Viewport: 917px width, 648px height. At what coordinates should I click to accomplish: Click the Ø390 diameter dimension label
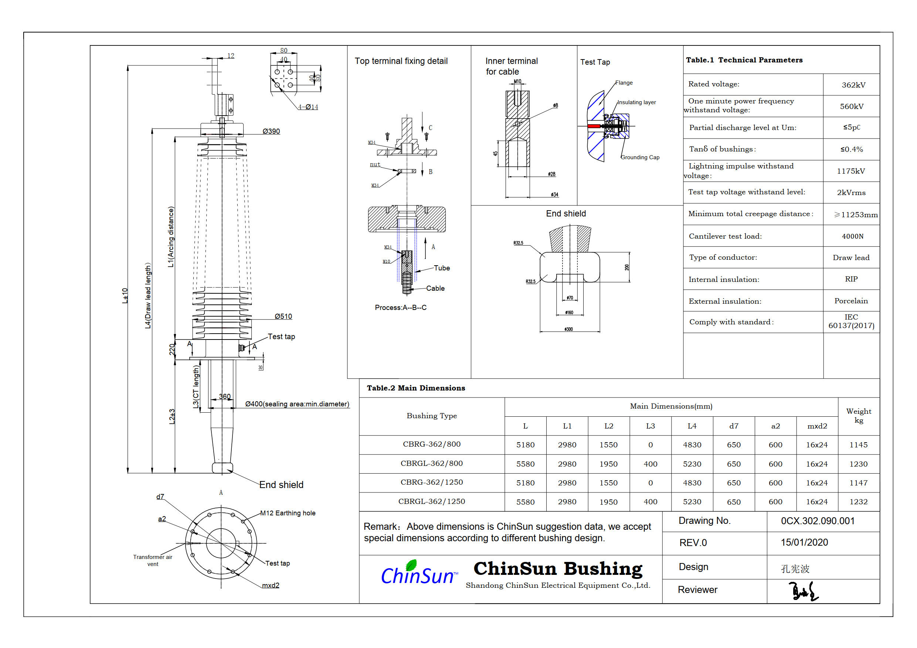click(x=271, y=132)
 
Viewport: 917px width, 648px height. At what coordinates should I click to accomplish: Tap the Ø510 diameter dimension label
click(x=283, y=317)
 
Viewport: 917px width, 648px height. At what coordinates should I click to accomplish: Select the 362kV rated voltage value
click(x=853, y=85)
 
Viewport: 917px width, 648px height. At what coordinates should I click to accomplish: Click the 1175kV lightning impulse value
click(x=851, y=171)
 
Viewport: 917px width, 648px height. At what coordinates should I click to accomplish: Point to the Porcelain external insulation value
click(x=851, y=301)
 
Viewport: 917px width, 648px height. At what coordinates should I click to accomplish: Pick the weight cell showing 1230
click(x=858, y=464)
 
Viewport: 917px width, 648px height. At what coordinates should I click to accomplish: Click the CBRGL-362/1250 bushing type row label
click(x=431, y=501)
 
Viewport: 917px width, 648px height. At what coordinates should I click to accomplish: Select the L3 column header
click(x=650, y=426)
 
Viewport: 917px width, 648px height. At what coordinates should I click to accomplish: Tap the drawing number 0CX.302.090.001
click(x=818, y=521)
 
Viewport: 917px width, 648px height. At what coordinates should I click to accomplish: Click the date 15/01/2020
click(x=804, y=543)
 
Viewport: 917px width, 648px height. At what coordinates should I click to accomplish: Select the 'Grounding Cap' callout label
click(x=640, y=157)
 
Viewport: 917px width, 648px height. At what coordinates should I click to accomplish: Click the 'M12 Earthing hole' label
click(x=288, y=513)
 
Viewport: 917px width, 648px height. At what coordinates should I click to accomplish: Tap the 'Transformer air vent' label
click(x=153, y=560)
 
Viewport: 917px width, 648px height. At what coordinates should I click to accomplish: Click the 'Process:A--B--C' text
click(x=401, y=307)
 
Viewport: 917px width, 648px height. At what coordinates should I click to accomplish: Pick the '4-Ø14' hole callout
click(x=308, y=107)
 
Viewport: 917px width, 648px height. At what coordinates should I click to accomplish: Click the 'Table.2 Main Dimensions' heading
click(x=416, y=388)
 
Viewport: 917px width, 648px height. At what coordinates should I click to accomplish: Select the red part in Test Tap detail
click(x=594, y=126)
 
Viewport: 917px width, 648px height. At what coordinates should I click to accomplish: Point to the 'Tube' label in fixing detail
click(x=442, y=268)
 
